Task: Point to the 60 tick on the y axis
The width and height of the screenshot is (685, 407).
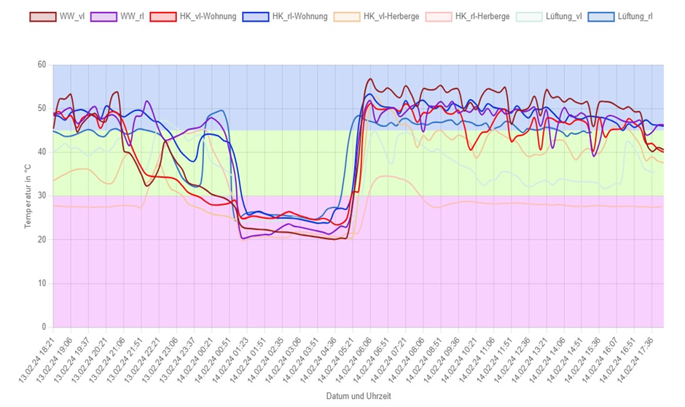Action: pyautogui.click(x=41, y=65)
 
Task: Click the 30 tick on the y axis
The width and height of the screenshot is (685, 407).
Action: pyautogui.click(x=41, y=196)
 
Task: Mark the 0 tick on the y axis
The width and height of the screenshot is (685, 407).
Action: pyautogui.click(x=43, y=327)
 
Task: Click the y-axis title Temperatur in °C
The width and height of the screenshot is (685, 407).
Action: pyautogui.click(x=28, y=195)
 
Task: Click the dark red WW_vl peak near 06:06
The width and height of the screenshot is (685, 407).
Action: pyautogui.click(x=370, y=79)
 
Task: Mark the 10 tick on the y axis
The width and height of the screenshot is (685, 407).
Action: pyautogui.click(x=41, y=284)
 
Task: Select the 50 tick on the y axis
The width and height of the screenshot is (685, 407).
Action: pyautogui.click(x=41, y=109)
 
